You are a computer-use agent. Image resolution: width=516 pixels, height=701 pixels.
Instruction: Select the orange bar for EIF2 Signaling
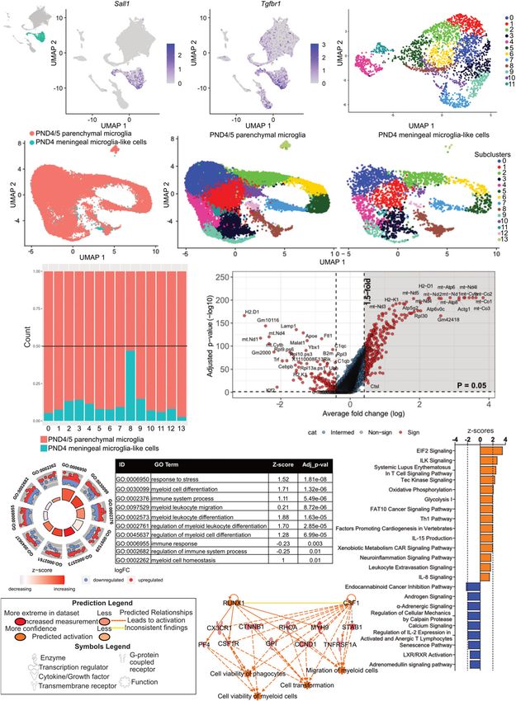[485, 452]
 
